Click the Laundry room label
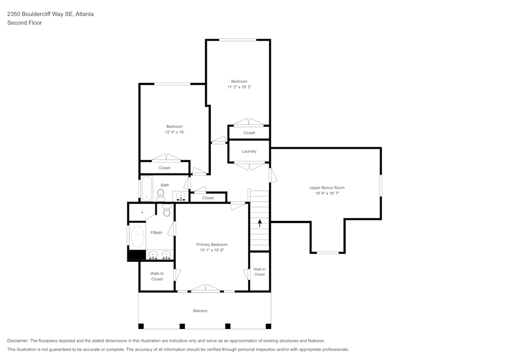pyautogui.click(x=249, y=151)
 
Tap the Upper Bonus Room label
pyautogui.click(x=327, y=188)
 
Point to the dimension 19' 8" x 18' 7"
pyautogui.click(x=327, y=193)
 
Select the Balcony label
pyautogui.click(x=200, y=311)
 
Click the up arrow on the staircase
pyautogui.click(x=260, y=223)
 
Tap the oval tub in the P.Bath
pyautogui.click(x=137, y=236)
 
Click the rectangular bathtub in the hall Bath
pyautogui.click(x=147, y=188)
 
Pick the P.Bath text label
pyautogui.click(x=156, y=233)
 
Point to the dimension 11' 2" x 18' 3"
pyautogui.click(x=239, y=87)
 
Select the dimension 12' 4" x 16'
pyautogui.click(x=174, y=132)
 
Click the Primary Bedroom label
pyautogui.click(x=212, y=244)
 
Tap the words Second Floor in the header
pyautogui.click(x=24, y=23)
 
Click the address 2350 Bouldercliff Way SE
pyautogui.click(x=40, y=14)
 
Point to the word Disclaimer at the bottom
pyautogui.click(x=18, y=341)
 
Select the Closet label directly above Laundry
pyautogui.click(x=249, y=133)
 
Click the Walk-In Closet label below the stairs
pyautogui.click(x=260, y=272)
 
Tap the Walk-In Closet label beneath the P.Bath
pyautogui.click(x=157, y=276)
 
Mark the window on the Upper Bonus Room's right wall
pyautogui.click(x=381, y=185)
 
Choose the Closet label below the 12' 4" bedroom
pyautogui.click(x=164, y=168)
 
